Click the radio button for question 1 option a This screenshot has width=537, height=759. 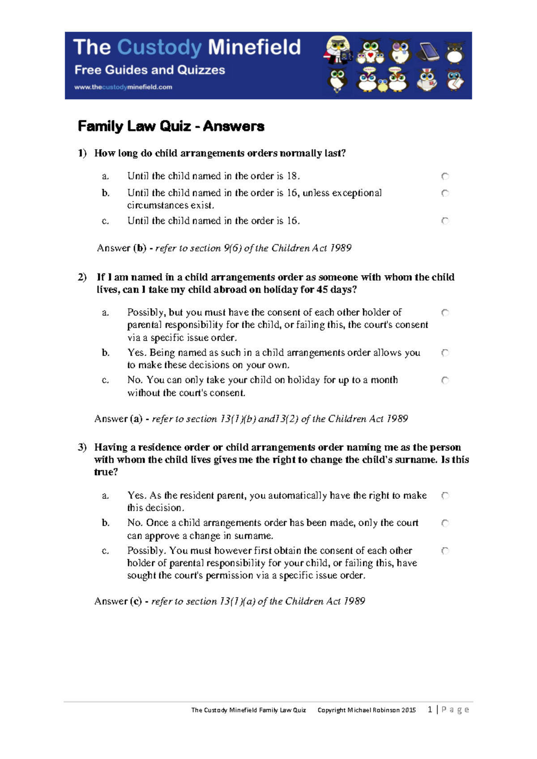coord(445,176)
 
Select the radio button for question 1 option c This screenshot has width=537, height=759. coord(445,221)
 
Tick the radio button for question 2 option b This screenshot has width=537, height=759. coord(445,353)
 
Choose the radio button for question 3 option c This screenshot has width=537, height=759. coord(445,551)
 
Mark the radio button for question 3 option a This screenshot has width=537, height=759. coord(445,495)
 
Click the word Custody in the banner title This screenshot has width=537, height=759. coord(159,47)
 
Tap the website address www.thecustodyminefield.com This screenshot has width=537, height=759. coord(123,87)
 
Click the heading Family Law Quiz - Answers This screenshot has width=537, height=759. coord(171,126)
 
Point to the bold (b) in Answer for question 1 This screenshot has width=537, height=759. coord(140,248)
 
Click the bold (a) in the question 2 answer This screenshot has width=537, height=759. coord(136,419)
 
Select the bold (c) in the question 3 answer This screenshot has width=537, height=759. coord(136,601)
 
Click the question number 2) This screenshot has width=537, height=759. coord(82,277)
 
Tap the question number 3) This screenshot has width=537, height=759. coord(82,447)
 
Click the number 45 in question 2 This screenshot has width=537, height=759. coord(322,290)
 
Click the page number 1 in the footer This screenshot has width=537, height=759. coord(430,709)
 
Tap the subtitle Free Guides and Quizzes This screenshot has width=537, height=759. coord(149,70)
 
